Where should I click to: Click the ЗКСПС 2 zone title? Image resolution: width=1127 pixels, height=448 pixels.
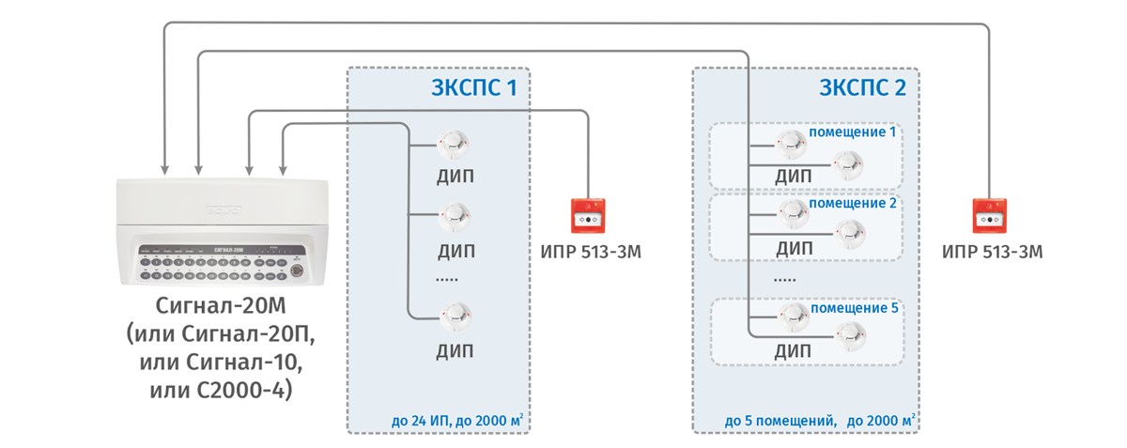click(x=862, y=90)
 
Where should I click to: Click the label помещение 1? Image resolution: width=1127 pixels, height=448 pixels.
click(x=852, y=131)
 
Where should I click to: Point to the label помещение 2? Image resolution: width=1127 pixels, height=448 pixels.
click(x=852, y=203)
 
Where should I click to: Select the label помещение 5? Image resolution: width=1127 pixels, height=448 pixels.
click(x=852, y=307)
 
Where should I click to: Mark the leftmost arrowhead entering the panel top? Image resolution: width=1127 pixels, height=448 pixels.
click(x=164, y=170)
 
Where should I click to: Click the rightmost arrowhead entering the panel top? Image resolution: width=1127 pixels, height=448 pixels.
click(x=283, y=170)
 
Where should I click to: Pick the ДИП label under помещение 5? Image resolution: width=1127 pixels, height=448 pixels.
click(x=794, y=351)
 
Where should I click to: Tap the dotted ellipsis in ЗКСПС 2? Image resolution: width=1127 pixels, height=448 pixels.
click(x=785, y=280)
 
